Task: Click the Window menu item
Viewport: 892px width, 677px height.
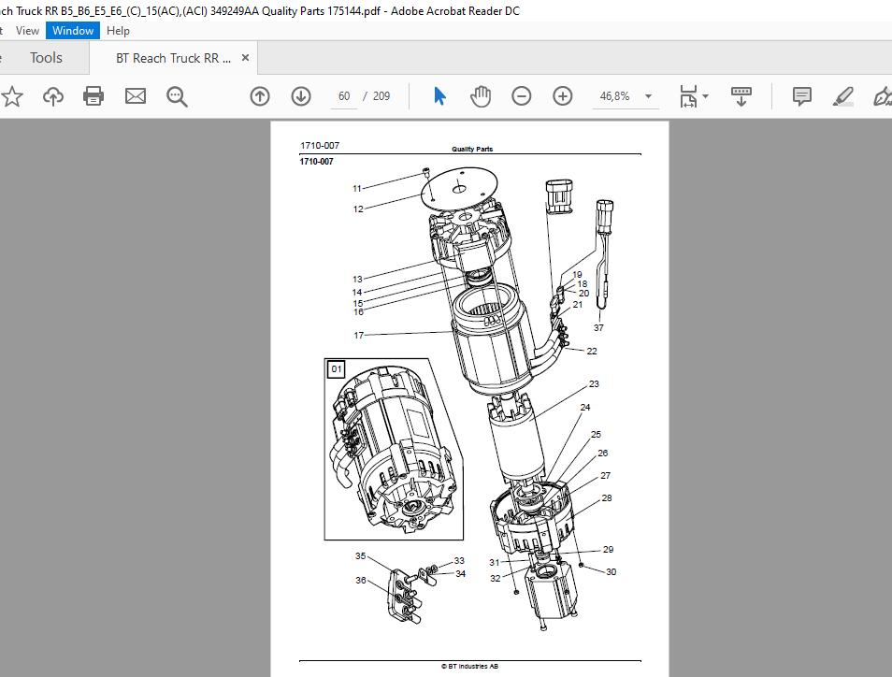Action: click(73, 31)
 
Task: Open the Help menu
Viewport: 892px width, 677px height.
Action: click(118, 31)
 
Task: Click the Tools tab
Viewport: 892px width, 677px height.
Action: click(46, 58)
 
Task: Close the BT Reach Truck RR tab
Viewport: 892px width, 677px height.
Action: click(245, 57)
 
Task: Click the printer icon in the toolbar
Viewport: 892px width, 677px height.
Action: click(94, 96)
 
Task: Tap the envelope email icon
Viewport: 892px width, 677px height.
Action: click(136, 96)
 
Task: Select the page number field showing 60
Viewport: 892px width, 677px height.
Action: click(344, 96)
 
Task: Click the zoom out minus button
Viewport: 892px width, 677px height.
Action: click(521, 96)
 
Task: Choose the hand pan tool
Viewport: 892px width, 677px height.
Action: click(481, 96)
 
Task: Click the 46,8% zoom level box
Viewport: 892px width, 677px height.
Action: click(625, 96)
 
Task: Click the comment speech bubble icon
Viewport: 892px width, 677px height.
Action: click(801, 96)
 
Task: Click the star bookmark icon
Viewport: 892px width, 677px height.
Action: click(12, 96)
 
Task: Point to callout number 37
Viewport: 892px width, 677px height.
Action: click(598, 327)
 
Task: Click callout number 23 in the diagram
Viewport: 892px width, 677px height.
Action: click(594, 384)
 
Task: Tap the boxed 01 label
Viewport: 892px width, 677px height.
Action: click(337, 369)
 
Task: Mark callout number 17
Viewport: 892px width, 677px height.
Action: click(358, 335)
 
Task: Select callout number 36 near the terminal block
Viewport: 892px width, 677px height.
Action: click(361, 581)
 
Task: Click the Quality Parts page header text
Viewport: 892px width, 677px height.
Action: click(472, 149)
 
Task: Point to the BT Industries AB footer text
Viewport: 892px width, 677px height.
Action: click(470, 666)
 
